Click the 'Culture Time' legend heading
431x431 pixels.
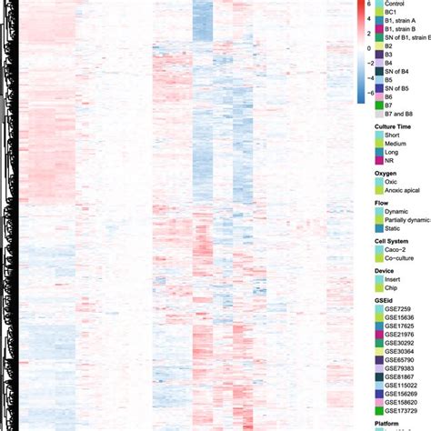tap(394, 128)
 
